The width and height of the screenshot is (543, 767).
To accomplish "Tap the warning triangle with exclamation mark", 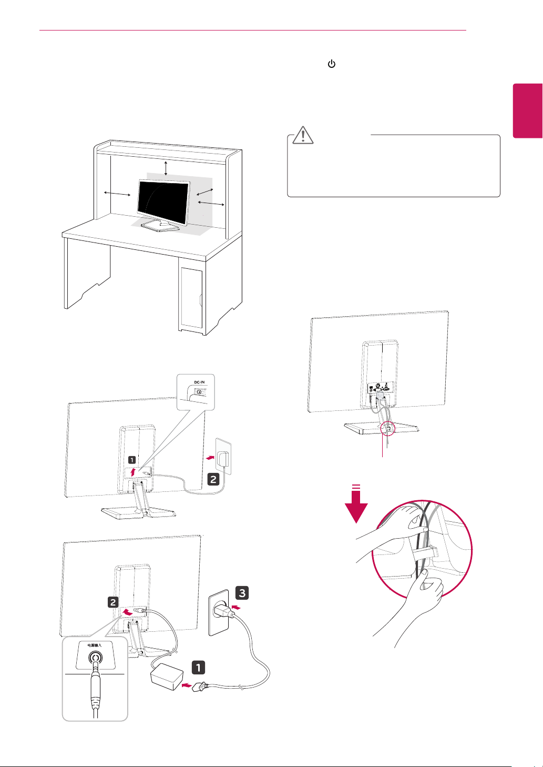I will click(303, 136).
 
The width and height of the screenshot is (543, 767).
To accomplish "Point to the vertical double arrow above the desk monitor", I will click(166, 168).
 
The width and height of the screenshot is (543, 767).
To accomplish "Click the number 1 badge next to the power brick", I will click(198, 668).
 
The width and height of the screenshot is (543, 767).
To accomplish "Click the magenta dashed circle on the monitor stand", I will click(387, 427).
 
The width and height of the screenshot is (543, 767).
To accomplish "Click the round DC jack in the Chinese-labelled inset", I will click(95, 658).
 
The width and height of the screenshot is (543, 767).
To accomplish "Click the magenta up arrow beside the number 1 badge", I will click(133, 471).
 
